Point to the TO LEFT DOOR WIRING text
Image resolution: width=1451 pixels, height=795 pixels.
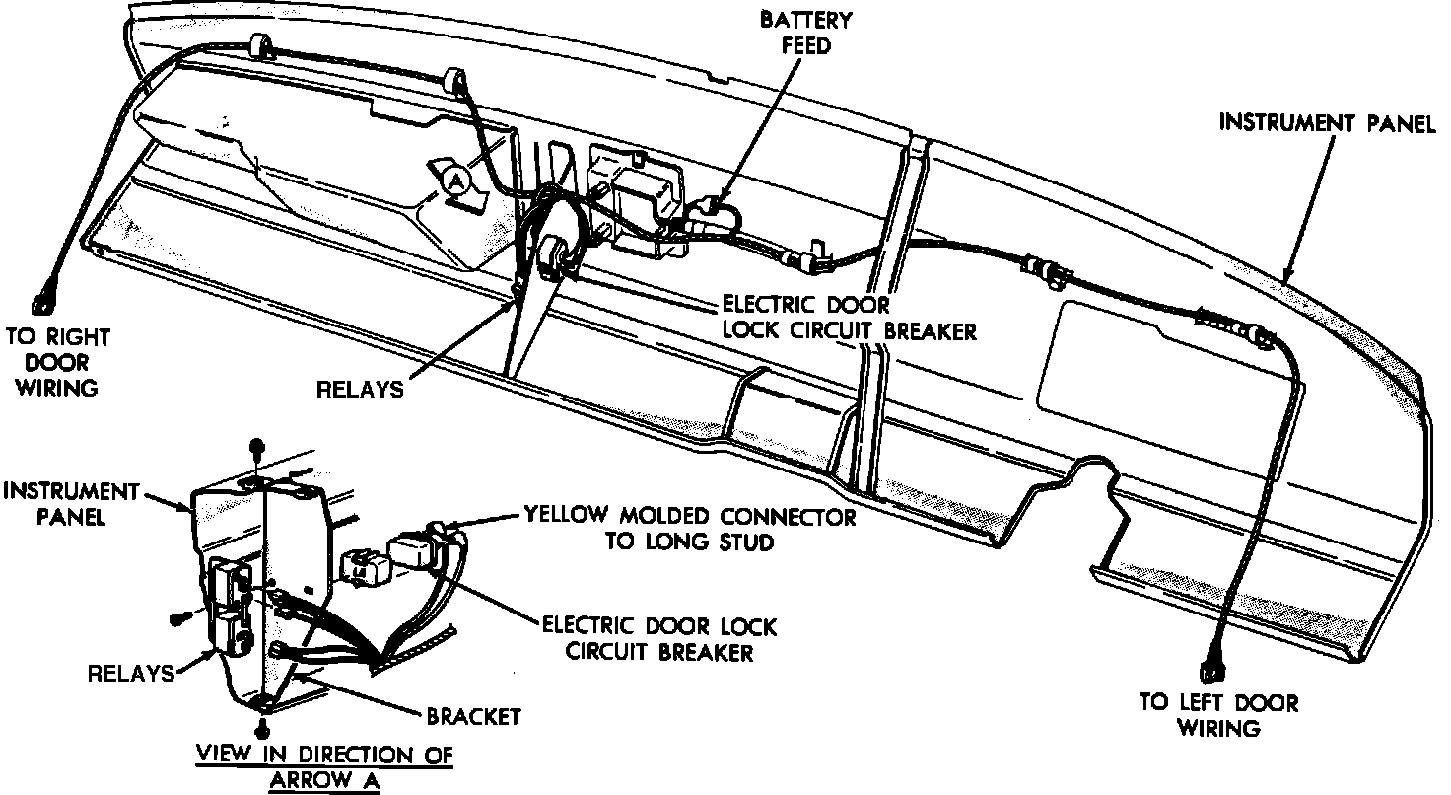[1219, 716]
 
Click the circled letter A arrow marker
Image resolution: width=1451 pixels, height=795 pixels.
[454, 181]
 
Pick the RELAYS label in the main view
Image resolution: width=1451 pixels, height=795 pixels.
[359, 388]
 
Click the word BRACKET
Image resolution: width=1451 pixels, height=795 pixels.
[473, 716]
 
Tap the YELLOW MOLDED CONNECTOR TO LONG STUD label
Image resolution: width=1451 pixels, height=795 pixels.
[689, 528]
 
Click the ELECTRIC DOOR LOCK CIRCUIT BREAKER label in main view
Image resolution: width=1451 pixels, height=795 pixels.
[849, 317]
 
